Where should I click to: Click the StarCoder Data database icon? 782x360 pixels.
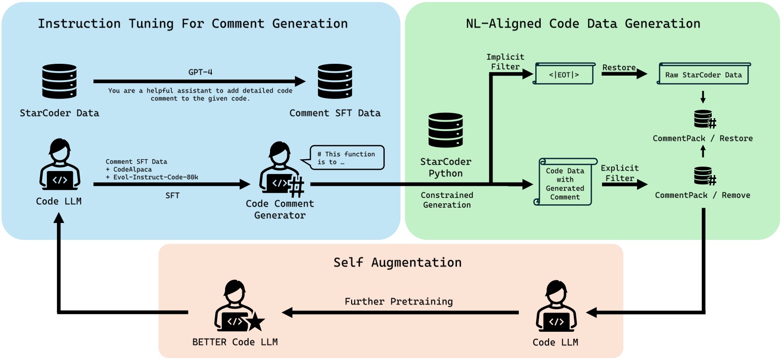[59, 81]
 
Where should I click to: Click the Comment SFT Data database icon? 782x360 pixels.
[335, 81]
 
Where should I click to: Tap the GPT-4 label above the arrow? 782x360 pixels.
[200, 72]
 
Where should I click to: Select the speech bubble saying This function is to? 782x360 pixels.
[347, 158]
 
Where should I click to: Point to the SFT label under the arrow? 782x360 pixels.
[172, 196]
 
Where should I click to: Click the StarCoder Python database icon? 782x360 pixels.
[446, 130]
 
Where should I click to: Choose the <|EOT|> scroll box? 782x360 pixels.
[564, 74]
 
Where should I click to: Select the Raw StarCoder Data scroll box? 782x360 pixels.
[703, 74]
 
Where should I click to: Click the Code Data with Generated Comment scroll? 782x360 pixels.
[565, 182]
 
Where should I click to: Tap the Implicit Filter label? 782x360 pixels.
[505, 62]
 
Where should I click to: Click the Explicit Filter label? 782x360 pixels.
[620, 173]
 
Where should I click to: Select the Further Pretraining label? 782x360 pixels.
[399, 302]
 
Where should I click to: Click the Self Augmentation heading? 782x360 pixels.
[397, 263]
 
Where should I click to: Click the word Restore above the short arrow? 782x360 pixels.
[619, 67]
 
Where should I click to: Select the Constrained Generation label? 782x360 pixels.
[447, 200]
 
